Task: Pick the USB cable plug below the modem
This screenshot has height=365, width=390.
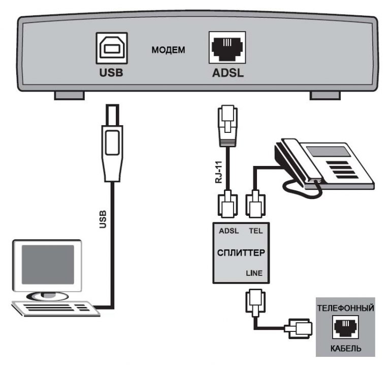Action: coord(113,145)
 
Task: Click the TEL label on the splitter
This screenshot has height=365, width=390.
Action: coord(255,230)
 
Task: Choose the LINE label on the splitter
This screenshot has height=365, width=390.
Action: coord(254,273)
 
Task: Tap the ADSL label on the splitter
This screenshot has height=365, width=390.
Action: coord(229,230)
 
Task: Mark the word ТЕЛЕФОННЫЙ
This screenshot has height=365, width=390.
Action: coord(345,308)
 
